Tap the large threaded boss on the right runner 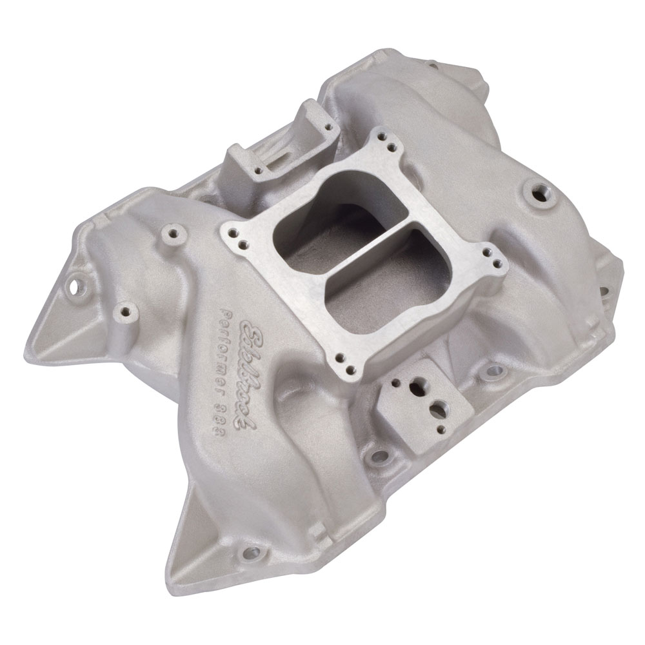536,192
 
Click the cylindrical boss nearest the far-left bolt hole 124,314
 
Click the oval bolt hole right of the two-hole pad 493,371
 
